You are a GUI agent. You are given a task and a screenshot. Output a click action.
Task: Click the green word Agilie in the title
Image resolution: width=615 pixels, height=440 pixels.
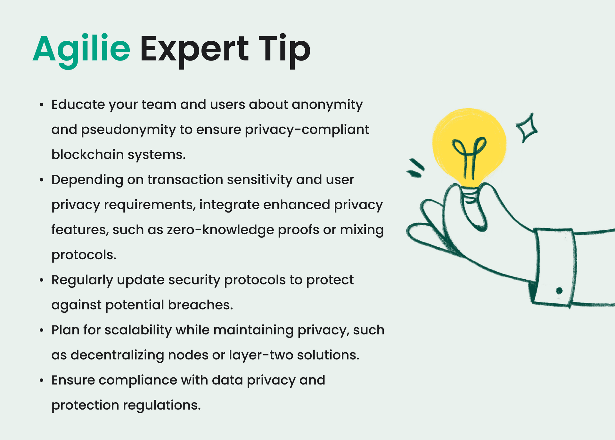[x=81, y=49]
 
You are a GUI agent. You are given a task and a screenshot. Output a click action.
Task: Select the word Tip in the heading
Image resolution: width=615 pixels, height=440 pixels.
[x=284, y=49]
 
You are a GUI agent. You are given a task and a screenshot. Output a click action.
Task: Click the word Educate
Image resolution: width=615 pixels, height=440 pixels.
[x=78, y=105]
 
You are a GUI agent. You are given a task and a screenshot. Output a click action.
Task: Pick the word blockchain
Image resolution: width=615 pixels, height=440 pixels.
[x=87, y=155]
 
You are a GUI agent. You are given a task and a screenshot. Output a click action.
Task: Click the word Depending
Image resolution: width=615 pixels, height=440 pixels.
[x=87, y=180]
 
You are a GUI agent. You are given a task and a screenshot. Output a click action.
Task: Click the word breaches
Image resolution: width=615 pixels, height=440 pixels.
[x=200, y=305]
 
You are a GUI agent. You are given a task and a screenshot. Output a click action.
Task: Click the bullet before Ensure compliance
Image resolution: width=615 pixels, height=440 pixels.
[x=41, y=380]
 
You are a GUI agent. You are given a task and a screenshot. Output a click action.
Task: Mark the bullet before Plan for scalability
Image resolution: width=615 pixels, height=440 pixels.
[x=41, y=330]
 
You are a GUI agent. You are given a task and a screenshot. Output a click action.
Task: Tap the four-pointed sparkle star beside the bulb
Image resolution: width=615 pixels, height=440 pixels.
[x=527, y=128]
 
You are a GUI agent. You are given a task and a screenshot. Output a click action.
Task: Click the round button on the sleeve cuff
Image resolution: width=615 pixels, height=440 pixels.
[x=559, y=291]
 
